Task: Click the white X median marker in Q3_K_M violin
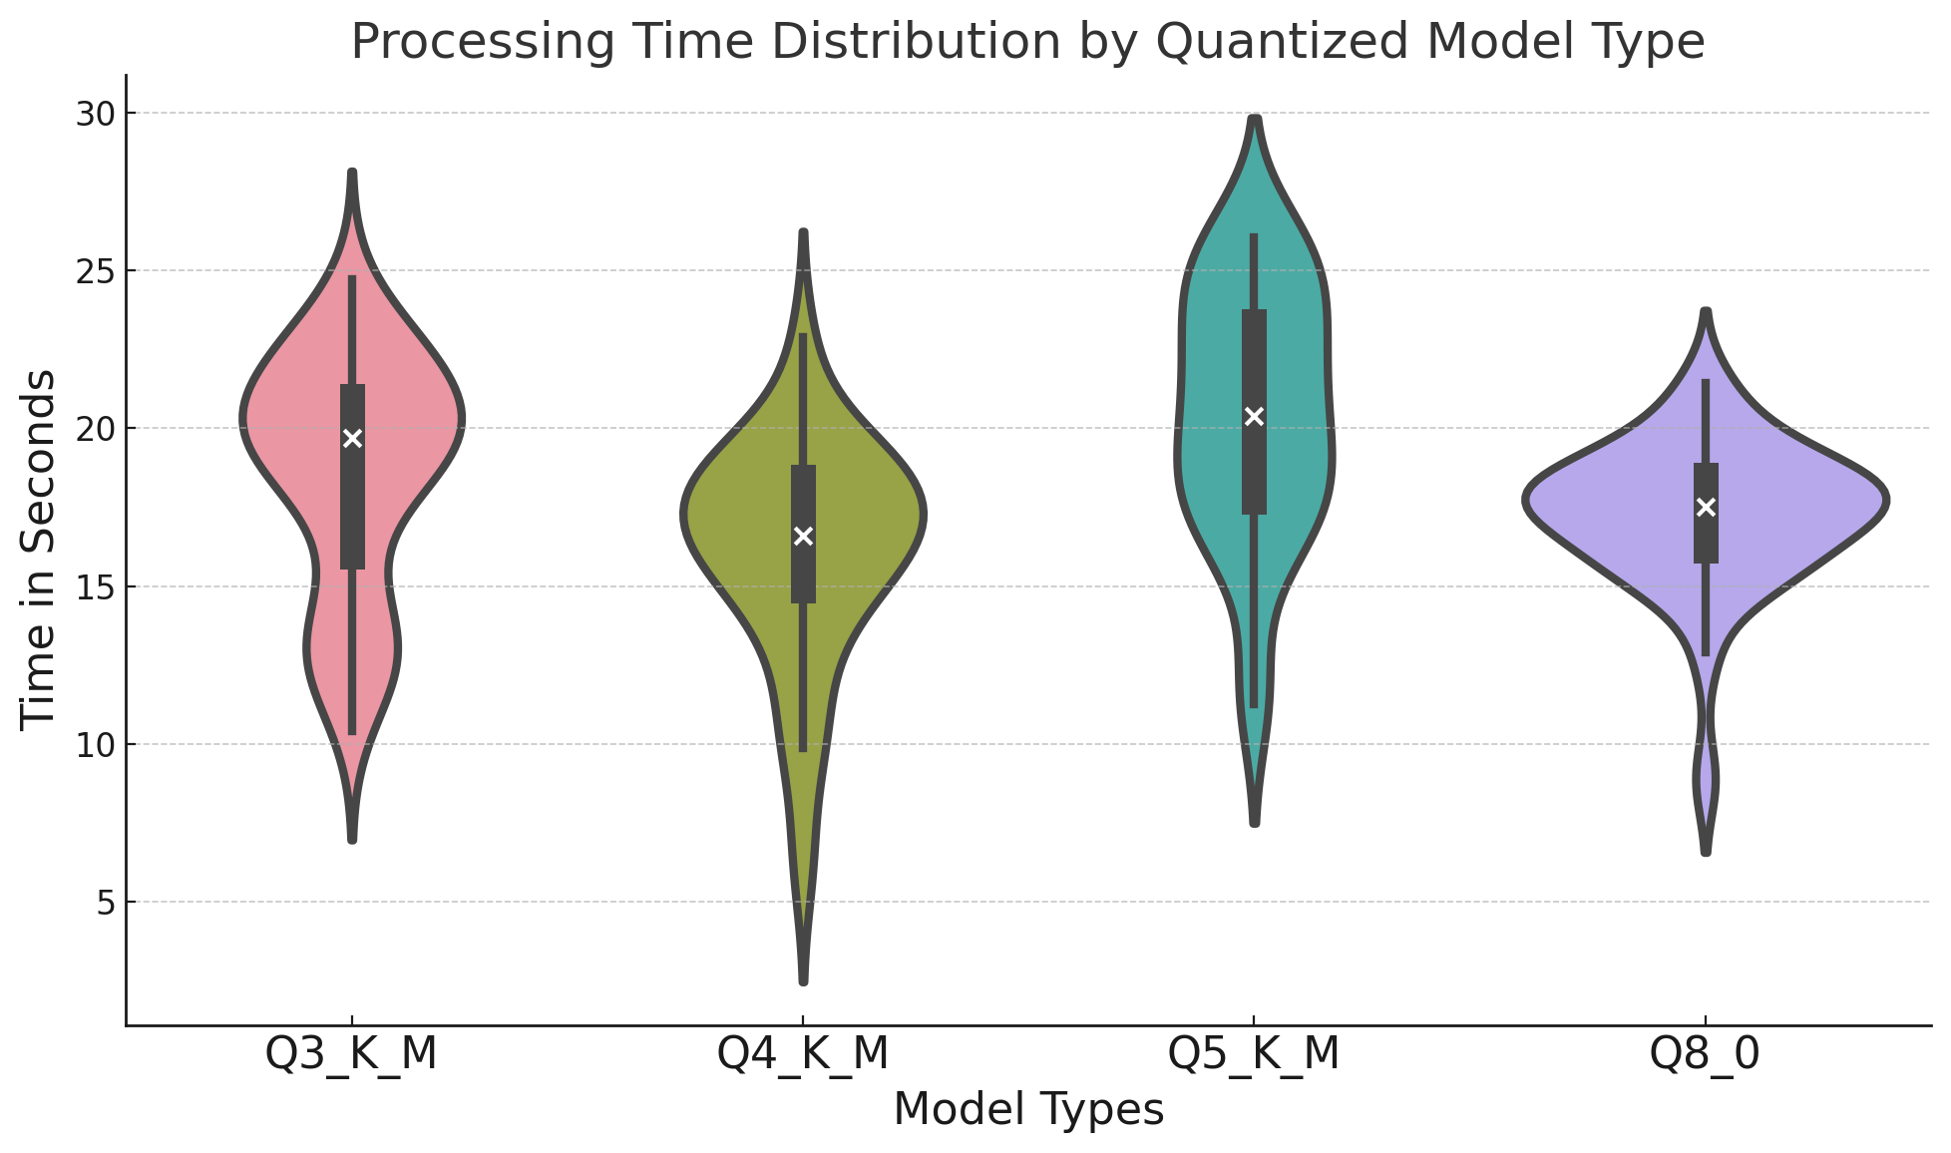point(352,438)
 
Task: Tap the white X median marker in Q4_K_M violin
point(803,537)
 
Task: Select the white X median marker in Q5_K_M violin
point(1254,416)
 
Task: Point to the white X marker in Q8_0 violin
point(1706,507)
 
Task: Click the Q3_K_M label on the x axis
point(352,1055)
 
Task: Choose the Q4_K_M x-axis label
point(803,1055)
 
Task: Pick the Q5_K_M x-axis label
point(1254,1055)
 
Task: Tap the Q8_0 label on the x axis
point(1706,1055)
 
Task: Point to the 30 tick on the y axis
point(96,114)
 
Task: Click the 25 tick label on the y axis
point(96,271)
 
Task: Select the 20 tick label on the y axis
point(96,429)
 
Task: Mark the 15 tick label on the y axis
point(96,586)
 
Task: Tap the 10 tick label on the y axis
point(96,745)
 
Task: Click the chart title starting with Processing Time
point(1027,42)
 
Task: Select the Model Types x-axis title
point(1028,1110)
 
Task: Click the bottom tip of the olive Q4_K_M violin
point(803,981)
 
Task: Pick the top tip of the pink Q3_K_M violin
point(352,174)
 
